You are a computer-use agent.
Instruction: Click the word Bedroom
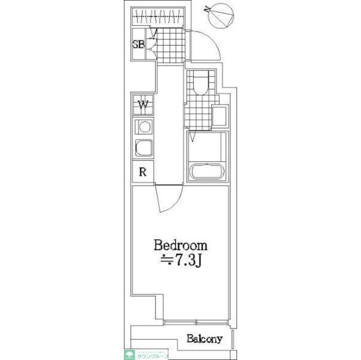[x=181, y=246]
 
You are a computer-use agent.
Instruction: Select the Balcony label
[x=205, y=339]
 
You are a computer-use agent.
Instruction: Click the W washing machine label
[x=144, y=105]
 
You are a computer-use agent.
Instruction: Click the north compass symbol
[x=219, y=16]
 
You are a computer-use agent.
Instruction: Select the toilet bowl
[x=200, y=84]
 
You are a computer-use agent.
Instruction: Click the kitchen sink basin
[x=144, y=148]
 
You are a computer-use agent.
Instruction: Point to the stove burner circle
[x=144, y=126]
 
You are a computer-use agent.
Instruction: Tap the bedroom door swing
[x=167, y=200]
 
